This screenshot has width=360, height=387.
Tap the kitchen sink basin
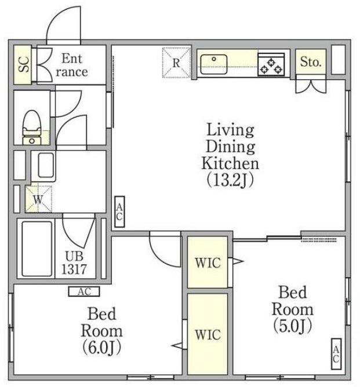tap(214, 64)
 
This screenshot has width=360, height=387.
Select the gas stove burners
tap(271, 65)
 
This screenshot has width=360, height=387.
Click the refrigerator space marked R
tap(176, 63)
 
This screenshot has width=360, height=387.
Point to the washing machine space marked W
tap(38, 199)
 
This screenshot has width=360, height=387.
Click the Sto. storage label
tap(311, 62)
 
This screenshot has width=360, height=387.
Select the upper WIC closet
tap(208, 262)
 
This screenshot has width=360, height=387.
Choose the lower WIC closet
tap(208, 334)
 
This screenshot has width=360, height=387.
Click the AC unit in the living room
tap(119, 212)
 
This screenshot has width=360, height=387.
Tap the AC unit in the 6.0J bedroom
tap(84, 291)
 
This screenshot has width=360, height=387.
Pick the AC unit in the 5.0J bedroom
tap(336, 354)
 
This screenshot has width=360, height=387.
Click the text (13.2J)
tap(230, 180)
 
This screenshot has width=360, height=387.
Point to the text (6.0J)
tap(101, 347)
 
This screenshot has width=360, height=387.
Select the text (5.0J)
tap(293, 326)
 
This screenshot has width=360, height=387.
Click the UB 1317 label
tap(74, 263)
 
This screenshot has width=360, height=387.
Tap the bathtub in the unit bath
tap(37, 249)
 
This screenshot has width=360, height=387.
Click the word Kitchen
tap(230, 163)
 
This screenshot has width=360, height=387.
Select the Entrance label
tap(72, 65)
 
